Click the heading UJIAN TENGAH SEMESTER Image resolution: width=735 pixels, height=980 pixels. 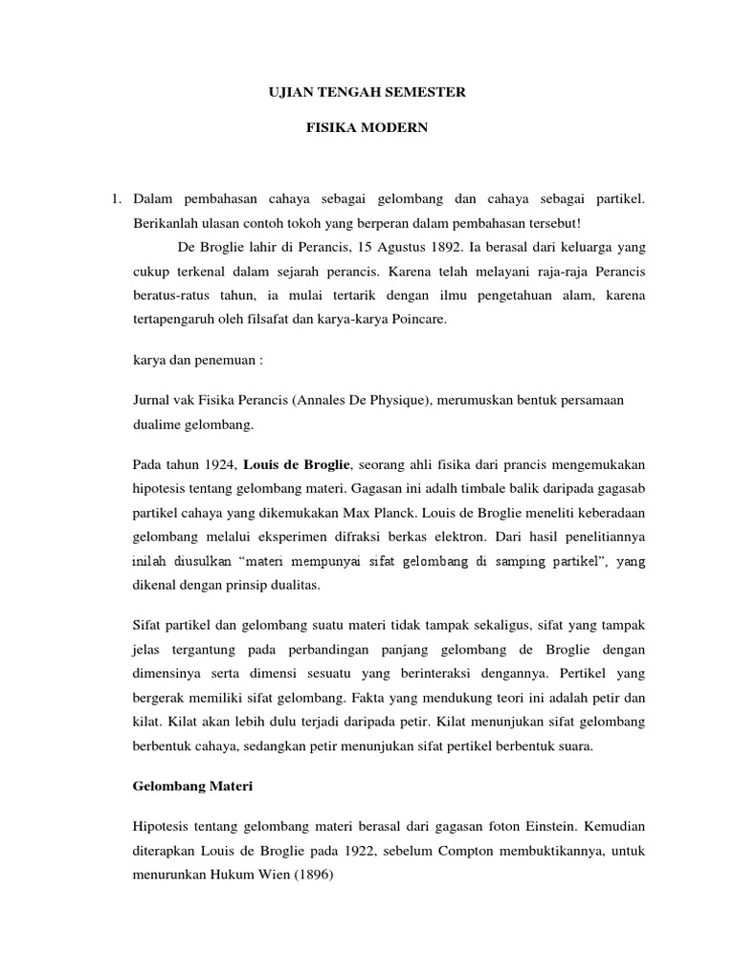[365, 92]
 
